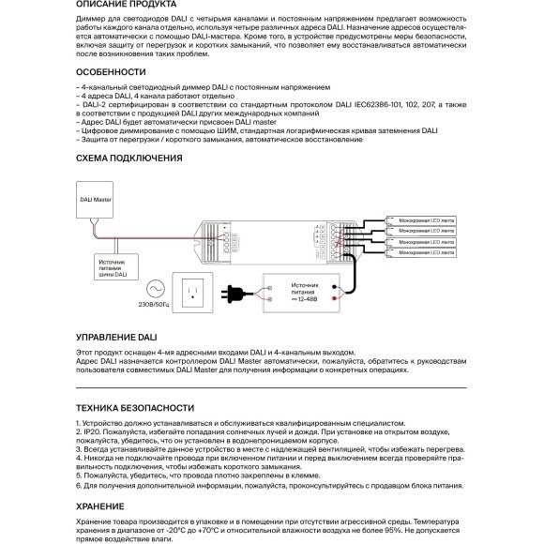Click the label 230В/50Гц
click(x=153, y=305)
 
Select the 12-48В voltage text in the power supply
click(x=306, y=298)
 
